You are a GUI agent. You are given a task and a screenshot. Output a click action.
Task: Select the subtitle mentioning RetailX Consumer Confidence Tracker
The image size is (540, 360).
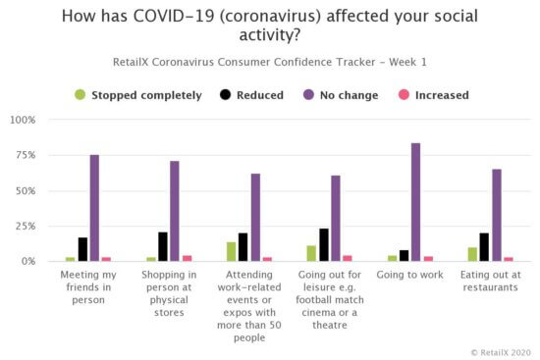point(270,61)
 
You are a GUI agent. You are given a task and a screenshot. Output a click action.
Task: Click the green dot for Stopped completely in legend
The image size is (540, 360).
point(81,95)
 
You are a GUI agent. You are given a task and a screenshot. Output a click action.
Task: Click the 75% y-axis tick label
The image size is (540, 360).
point(25,155)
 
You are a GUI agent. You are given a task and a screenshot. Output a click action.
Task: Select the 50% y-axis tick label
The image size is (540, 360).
point(25,190)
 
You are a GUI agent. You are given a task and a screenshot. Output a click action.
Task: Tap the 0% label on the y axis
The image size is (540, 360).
point(28,261)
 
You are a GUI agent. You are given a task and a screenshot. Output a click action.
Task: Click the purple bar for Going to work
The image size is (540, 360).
point(416,202)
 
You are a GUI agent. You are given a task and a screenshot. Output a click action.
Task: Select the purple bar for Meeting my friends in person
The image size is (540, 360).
point(94,208)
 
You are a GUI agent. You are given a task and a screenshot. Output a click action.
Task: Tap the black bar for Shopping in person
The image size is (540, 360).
point(162,246)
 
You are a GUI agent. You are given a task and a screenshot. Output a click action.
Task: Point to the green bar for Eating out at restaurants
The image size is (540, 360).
point(472,254)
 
